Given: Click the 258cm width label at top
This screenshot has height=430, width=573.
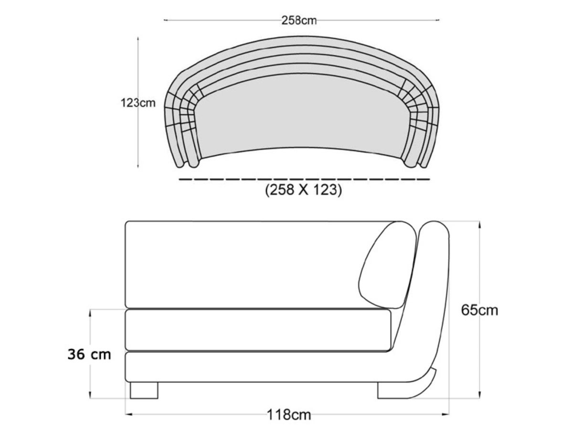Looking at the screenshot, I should (299, 20).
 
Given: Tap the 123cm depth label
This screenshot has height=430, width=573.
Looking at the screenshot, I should (138, 103).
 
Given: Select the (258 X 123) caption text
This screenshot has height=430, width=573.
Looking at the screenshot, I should (303, 190).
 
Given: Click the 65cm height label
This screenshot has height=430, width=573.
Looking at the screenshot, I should (479, 310).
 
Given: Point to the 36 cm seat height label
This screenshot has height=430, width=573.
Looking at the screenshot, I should (89, 355).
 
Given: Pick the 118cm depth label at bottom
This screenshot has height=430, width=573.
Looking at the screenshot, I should (288, 414).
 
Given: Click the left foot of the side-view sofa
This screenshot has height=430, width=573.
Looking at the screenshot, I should (144, 390).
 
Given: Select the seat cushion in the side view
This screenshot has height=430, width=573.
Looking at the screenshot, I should (258, 330).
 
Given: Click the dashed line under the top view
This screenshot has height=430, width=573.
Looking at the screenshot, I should (304, 179).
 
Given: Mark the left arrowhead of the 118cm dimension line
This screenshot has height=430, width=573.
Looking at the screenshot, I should (127, 414).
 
